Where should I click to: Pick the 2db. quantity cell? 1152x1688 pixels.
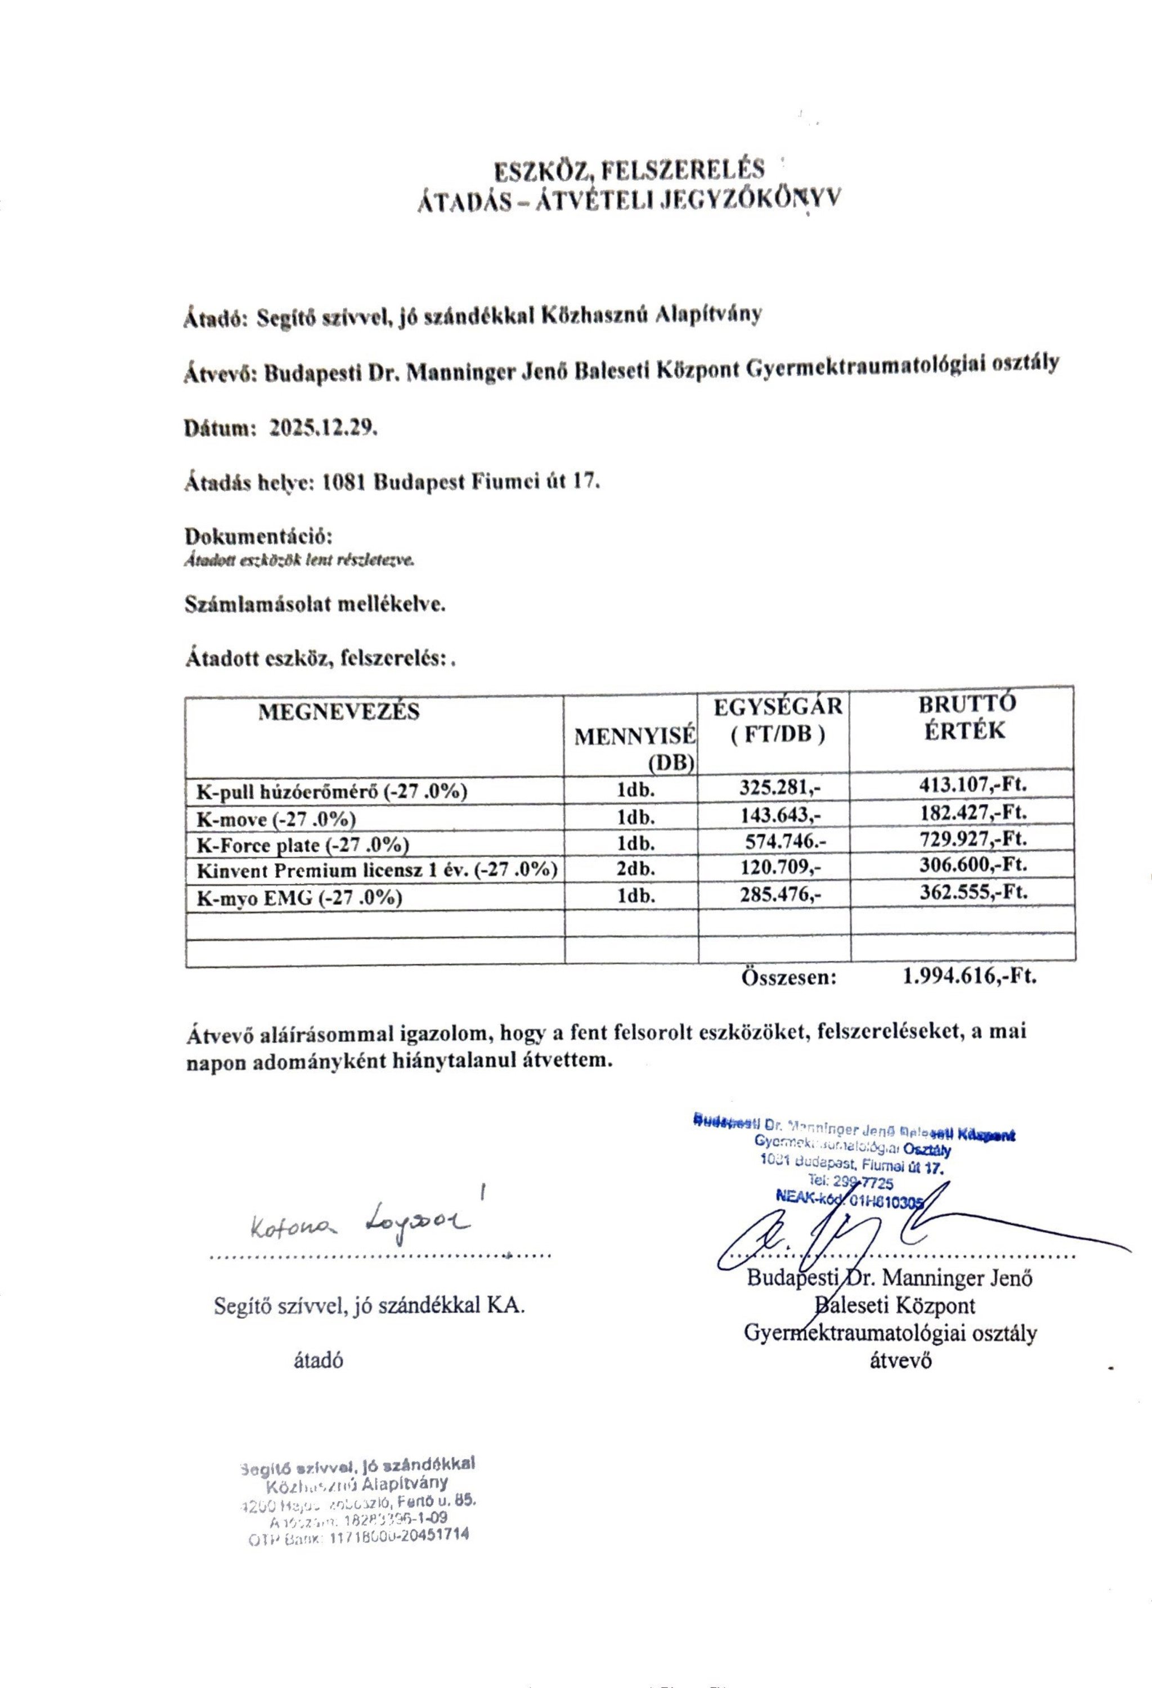635,870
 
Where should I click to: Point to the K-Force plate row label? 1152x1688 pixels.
303,844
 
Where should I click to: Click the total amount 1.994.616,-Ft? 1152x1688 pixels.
969,976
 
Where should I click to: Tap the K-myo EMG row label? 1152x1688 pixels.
299,899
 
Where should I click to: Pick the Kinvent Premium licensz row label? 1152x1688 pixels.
377,871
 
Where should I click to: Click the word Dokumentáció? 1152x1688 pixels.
258,537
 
